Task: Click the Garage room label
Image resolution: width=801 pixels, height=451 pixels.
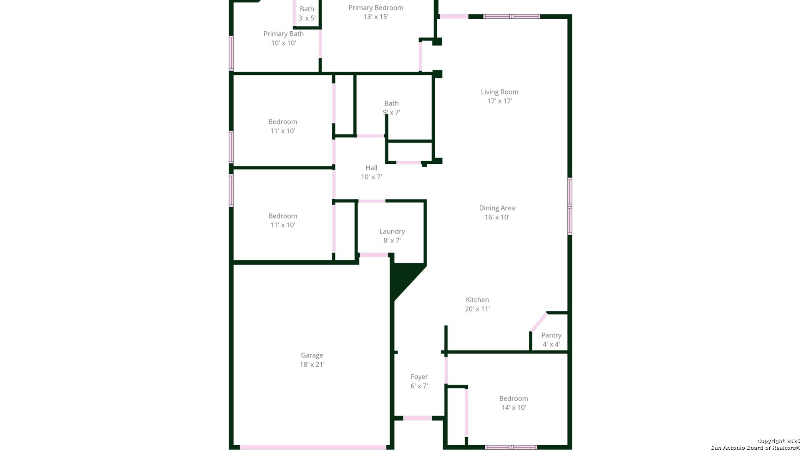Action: point(312,355)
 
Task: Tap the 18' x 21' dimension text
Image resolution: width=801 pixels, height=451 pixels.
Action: point(312,365)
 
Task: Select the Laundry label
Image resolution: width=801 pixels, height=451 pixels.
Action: point(392,231)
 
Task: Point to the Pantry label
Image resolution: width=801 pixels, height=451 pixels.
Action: point(551,335)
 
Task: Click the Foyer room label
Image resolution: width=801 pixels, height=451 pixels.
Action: point(419,377)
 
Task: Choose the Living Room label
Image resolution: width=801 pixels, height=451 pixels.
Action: point(499,92)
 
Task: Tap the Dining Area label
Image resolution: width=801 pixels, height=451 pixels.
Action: point(496,208)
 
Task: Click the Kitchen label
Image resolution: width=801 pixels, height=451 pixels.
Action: point(477,300)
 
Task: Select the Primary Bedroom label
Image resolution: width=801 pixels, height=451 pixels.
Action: point(375,8)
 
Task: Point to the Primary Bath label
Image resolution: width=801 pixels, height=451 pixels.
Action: point(283,34)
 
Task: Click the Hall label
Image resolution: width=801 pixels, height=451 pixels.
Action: point(371,168)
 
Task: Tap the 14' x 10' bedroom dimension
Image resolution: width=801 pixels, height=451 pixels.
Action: point(514,408)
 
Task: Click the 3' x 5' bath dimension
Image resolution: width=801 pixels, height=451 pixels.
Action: point(307,18)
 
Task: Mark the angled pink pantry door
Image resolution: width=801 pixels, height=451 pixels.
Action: point(538,322)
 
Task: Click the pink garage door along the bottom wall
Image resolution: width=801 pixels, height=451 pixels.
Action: point(313,447)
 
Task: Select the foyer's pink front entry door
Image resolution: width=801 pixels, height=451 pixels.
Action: point(417,418)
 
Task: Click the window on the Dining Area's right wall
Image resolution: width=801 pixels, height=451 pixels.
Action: point(569,206)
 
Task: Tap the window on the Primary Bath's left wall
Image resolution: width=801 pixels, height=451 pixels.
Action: point(231,53)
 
